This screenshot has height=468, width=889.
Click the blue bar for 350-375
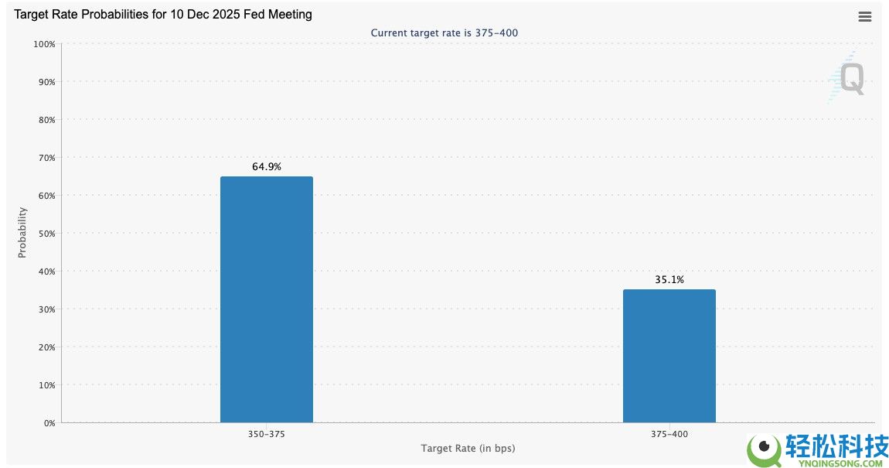coord(267,299)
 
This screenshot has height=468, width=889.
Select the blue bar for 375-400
coord(669,357)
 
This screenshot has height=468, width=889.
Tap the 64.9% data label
coord(267,167)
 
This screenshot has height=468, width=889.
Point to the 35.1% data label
coord(669,280)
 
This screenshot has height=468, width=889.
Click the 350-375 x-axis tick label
coord(267,434)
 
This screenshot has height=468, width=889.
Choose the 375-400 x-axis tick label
coord(669,434)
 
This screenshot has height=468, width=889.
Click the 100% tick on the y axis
coord(44,44)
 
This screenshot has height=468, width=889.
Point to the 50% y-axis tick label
coord(46,234)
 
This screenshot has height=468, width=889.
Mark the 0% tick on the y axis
coord(49,423)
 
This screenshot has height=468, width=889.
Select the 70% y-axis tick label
coord(46,158)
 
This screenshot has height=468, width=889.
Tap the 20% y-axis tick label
coord(46,347)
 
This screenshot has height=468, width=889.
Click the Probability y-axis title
coord(22,233)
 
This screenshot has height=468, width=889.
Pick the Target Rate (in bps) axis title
coord(468,448)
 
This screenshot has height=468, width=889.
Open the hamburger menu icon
coord(864,17)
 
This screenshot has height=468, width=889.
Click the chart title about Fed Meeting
coord(162,14)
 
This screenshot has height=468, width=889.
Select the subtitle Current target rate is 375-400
coord(444,33)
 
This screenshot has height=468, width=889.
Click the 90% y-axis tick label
coord(46,82)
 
